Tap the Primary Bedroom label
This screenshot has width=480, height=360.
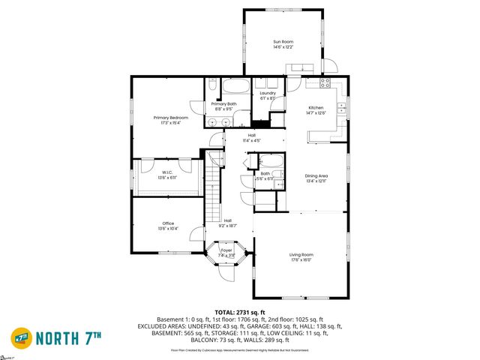tap(170, 118)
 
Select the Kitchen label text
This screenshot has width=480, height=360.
tap(316, 108)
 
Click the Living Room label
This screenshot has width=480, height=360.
tap(301, 255)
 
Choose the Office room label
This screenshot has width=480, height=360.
tap(168, 223)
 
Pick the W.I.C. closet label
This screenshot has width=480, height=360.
tap(167, 172)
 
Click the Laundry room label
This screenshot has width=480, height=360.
tap(268, 93)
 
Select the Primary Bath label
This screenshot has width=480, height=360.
tap(223, 103)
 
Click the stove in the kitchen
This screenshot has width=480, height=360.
tap(327, 81)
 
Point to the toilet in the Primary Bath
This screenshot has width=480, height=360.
tap(213, 88)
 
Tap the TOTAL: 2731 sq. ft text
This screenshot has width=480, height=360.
tap(239, 312)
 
